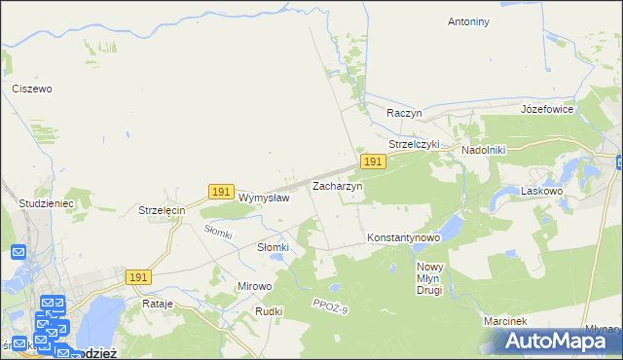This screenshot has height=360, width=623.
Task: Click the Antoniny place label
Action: click(x=468, y=21)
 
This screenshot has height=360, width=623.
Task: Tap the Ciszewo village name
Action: click(x=31, y=89)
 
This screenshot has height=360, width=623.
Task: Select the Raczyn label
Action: click(x=404, y=113)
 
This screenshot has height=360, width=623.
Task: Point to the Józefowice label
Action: click(x=548, y=109)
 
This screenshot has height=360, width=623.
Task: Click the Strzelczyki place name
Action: click(x=415, y=144)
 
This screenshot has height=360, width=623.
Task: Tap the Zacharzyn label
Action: click(x=337, y=185)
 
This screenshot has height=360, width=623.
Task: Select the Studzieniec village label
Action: click(x=47, y=203)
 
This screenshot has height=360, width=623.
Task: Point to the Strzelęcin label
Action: click(x=162, y=210)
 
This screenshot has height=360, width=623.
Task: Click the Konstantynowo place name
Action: click(x=404, y=237)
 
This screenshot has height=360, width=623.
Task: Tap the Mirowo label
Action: click(x=255, y=287)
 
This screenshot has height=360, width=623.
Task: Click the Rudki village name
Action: click(x=269, y=311)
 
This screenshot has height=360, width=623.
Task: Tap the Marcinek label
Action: click(x=504, y=321)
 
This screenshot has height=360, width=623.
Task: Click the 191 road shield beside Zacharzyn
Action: click(x=372, y=162)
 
